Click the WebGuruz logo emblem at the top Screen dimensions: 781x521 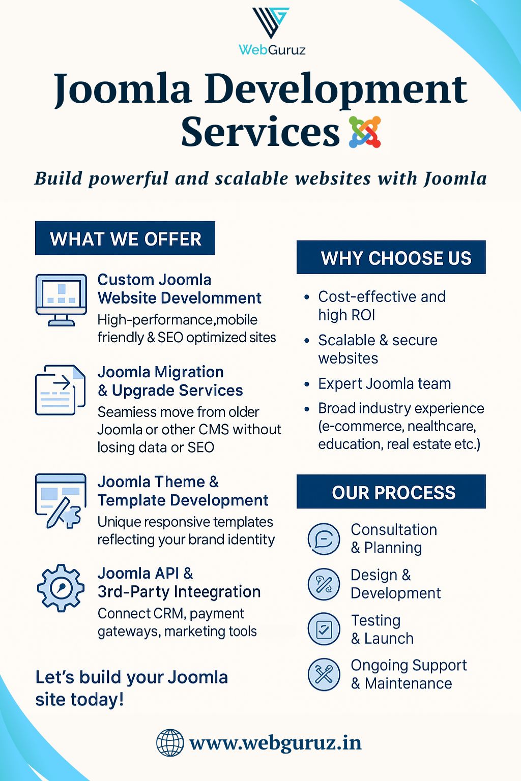(x=271, y=23)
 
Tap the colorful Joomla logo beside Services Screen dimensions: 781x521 (x=365, y=132)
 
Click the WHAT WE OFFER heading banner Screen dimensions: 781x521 (x=125, y=238)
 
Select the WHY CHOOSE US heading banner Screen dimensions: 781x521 (x=391, y=258)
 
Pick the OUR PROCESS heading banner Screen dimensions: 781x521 (x=391, y=492)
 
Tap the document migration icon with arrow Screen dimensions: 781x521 (x=60, y=390)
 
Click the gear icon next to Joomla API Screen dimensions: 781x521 (x=61, y=588)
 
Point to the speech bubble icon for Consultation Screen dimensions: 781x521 (x=324, y=539)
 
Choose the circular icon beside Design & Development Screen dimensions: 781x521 (x=324, y=584)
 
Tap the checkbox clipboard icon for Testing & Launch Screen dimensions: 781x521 (x=324, y=629)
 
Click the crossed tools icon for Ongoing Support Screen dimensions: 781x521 (x=324, y=674)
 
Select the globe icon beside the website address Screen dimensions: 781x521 (x=169, y=743)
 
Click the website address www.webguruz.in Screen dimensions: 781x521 (x=275, y=743)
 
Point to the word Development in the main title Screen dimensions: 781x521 (x=336, y=89)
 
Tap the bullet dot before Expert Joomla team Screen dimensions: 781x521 (x=306, y=384)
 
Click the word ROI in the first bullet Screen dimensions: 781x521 (x=346, y=315)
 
